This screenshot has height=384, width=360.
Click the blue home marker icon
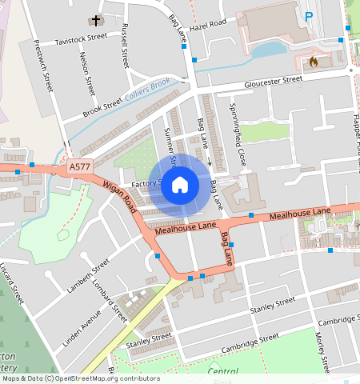(180, 184)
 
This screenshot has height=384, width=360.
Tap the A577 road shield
(80, 166)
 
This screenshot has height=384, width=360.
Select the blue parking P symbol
(309, 17)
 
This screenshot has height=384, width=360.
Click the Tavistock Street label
(81, 38)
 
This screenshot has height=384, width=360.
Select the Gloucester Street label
(274, 81)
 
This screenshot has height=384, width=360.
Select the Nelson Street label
(86, 74)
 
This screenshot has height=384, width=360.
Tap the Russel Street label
(123, 46)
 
